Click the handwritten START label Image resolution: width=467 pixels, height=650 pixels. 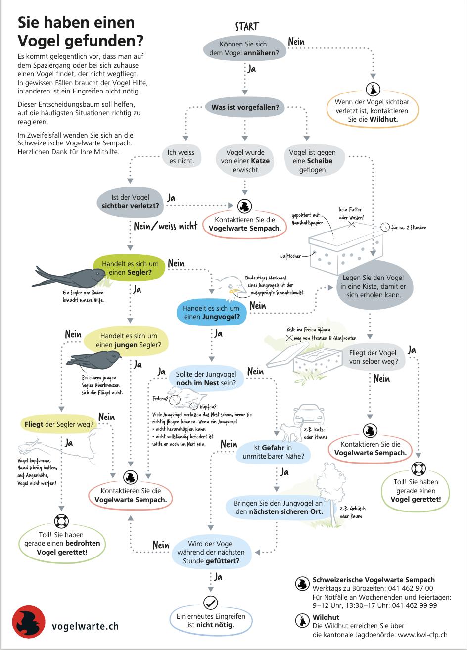(247, 26)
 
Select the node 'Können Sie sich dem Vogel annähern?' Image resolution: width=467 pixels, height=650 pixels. (245, 48)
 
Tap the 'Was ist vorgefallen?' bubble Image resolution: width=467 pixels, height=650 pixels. (245, 107)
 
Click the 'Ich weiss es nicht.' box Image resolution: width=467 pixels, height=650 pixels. (181, 156)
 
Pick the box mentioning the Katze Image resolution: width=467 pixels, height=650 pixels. (245, 161)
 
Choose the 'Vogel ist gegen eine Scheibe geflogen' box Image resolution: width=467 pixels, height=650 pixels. (312, 161)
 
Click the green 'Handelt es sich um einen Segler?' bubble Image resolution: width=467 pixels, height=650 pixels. (130, 268)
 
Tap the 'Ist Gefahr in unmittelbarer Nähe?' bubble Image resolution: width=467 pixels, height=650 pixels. (274, 452)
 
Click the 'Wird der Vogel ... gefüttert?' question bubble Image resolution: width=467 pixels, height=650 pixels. (211, 553)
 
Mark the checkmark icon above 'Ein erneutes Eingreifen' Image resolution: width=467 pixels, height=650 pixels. (211, 603)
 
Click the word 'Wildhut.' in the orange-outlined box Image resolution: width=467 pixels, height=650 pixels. (383, 119)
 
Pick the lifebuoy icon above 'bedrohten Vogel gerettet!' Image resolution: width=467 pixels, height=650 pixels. (61, 521)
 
